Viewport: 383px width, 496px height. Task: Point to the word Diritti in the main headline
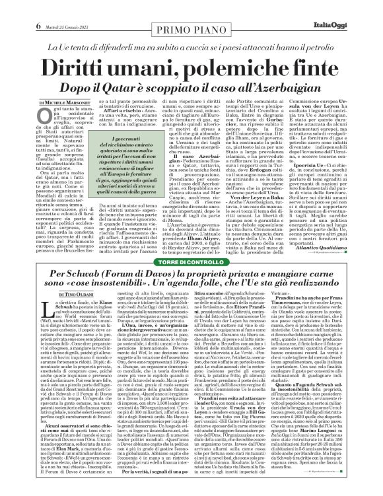(83, 53)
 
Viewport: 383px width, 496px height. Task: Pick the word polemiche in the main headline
(221, 53)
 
